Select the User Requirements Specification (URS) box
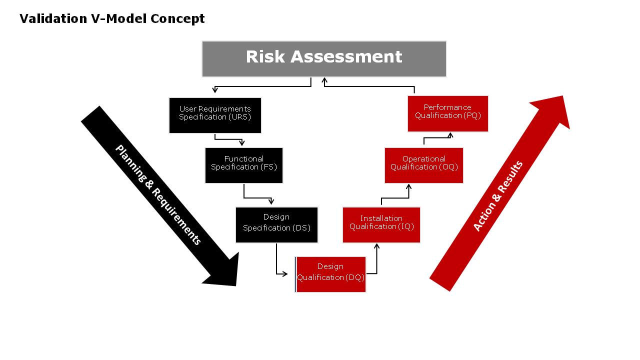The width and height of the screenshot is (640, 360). [x=215, y=115]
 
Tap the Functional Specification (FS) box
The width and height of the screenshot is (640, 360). [x=244, y=165]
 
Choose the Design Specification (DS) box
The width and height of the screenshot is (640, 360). [x=276, y=224]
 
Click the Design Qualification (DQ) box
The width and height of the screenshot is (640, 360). [x=330, y=274]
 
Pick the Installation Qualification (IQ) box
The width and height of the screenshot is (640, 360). [x=381, y=224]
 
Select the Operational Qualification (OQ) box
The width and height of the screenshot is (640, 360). [x=424, y=165]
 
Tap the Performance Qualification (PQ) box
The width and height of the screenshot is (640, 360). [x=447, y=113]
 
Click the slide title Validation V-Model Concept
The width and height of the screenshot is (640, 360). [x=112, y=19]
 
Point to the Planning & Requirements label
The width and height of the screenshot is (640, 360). [x=158, y=195]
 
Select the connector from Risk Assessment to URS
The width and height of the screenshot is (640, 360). [x=263, y=86]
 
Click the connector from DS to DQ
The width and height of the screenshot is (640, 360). [x=277, y=265]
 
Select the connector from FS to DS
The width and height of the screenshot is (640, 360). [x=255, y=197]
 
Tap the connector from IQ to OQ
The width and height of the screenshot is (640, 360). [x=395, y=197]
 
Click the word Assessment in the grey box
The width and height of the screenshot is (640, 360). [x=346, y=56]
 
